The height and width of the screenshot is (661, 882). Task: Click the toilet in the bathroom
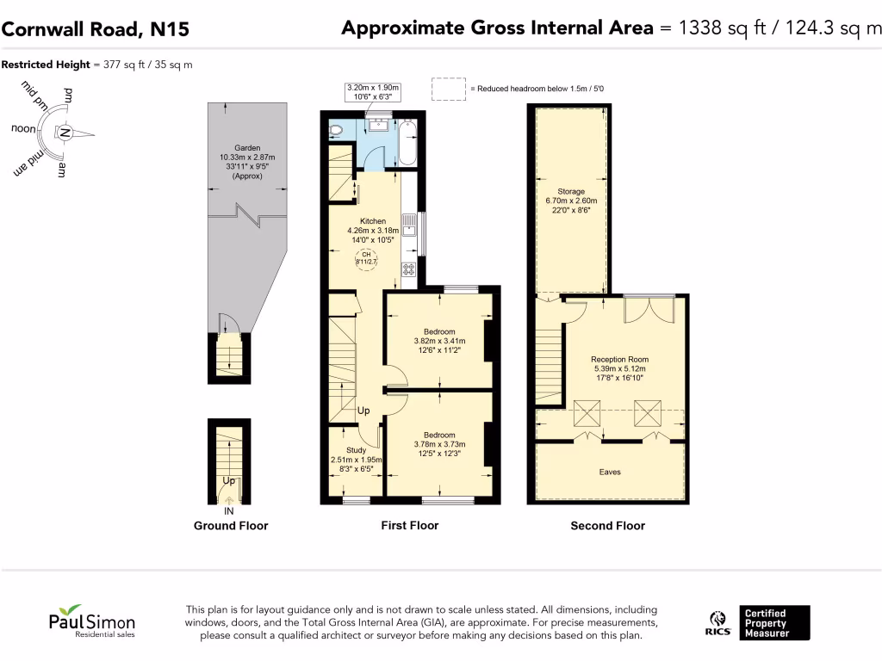336,131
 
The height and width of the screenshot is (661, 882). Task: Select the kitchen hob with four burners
407,269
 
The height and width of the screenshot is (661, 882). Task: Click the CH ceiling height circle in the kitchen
364,259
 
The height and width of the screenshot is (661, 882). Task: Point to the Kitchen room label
373,221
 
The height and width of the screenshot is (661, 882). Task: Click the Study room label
356,450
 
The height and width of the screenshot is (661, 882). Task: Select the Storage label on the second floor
570,191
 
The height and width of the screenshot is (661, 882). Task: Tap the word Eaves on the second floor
609,472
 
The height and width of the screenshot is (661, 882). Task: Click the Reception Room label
619,359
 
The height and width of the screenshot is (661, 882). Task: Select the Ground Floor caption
230,526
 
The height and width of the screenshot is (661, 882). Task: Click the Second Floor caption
607,526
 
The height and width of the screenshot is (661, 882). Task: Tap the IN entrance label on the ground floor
229,510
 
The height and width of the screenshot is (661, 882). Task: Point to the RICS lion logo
719,623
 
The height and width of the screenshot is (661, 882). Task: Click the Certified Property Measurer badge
775,623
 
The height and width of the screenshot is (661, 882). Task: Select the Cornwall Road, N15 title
95,29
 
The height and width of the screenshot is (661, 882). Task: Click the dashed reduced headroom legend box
448,89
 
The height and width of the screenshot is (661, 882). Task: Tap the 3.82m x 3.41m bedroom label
439,341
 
